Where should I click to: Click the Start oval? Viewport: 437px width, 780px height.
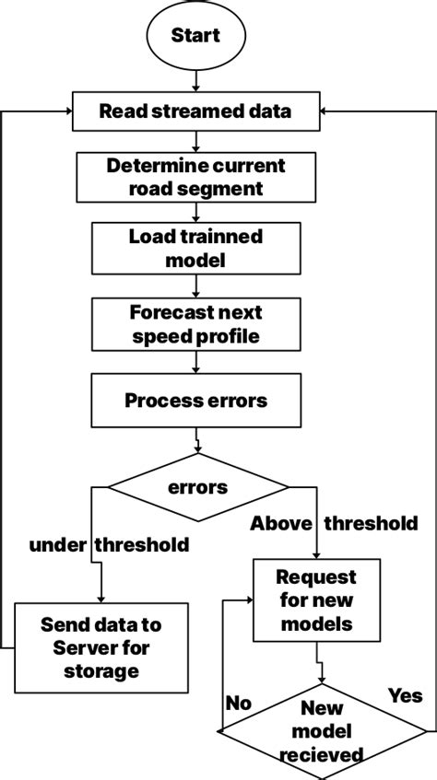[x=195, y=36]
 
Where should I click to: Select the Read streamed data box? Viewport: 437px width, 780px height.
[x=195, y=112]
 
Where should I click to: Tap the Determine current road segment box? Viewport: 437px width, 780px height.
[x=195, y=178]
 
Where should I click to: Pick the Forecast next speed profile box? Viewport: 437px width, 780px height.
[x=195, y=325]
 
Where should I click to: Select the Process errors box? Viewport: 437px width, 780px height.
[x=195, y=401]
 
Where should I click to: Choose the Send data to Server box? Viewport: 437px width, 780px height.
[x=100, y=647]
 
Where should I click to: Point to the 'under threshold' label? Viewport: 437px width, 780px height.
[x=109, y=544]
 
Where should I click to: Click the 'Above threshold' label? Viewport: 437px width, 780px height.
[x=334, y=523]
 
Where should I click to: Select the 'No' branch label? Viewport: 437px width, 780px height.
[x=238, y=703]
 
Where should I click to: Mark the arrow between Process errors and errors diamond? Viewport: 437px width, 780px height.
[x=197, y=443]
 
